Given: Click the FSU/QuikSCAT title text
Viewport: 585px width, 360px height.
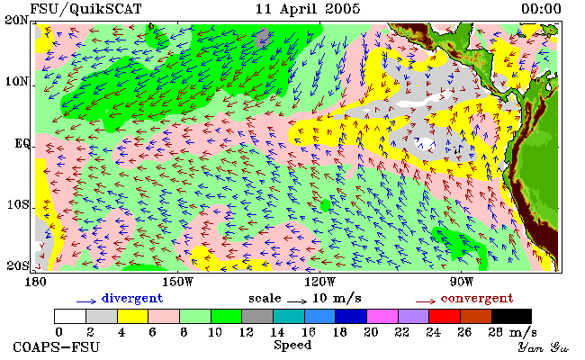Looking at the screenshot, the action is tap(85, 9).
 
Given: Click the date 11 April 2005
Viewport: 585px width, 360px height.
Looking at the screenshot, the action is tap(308, 9).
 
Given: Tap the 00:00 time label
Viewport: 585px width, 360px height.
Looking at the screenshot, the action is tap(541, 9).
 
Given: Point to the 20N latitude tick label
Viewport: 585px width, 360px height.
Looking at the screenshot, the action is tap(17, 20).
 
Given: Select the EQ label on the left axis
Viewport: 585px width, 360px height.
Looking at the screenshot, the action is tap(22, 144).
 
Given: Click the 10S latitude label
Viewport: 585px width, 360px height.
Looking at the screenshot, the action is tap(17, 204).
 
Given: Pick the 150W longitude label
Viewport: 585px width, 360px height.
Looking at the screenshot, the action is tap(178, 282).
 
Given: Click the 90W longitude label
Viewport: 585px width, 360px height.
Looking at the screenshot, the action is tap(462, 282).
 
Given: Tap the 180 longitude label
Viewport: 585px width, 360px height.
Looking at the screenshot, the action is tap(35, 282).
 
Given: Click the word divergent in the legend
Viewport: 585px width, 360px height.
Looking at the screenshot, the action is tap(132, 299).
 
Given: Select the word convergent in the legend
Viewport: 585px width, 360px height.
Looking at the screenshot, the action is tap(477, 299).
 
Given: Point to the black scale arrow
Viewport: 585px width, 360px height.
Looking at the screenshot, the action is tap(297, 301).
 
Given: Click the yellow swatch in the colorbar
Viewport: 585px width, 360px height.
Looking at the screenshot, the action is tap(133, 317).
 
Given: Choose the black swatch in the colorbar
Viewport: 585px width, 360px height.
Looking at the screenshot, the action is tap(512, 317).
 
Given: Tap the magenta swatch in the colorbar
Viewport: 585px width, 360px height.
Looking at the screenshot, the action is tap(382, 317).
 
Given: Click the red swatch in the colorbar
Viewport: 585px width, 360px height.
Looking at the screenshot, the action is tap(445, 317).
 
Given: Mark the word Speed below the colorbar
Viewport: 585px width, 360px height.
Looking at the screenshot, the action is tap(292, 346).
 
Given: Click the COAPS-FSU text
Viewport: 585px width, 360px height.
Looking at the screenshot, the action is tap(57, 346).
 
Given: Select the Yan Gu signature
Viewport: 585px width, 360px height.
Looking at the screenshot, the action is tap(544, 347).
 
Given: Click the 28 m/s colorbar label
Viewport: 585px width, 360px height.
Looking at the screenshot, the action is tap(513, 332).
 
